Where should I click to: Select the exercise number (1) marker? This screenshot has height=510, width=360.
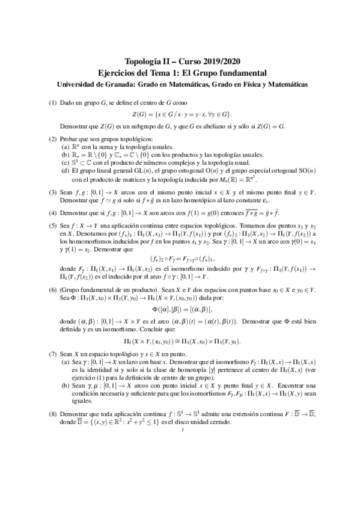[x=53, y=103]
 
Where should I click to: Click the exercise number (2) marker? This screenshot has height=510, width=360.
[x=53, y=139]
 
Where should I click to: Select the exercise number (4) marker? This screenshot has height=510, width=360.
[x=53, y=214]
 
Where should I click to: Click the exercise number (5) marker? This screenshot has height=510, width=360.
[x=53, y=227]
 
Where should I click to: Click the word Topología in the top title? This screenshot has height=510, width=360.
[x=142, y=61]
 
